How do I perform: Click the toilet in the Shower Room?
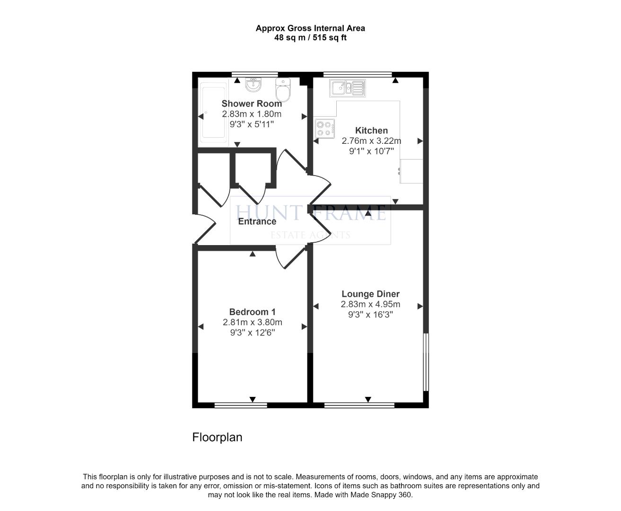click(x=283, y=89)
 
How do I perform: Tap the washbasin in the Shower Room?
click(x=253, y=85)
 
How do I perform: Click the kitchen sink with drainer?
click(x=348, y=88)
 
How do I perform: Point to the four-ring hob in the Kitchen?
click(x=325, y=128)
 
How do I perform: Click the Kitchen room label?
click(x=371, y=131)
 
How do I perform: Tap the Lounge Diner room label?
click(x=370, y=294)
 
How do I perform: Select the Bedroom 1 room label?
click(x=253, y=312)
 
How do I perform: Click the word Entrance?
click(x=257, y=221)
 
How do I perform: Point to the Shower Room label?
click(x=252, y=104)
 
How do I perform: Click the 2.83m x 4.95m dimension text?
click(x=370, y=304)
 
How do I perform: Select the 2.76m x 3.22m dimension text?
click(x=371, y=141)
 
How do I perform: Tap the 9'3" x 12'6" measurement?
click(x=253, y=332)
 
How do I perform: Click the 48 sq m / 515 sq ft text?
click(x=310, y=38)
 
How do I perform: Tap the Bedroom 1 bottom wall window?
click(x=241, y=405)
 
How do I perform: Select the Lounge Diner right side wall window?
click(x=426, y=362)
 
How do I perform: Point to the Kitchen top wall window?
click(x=358, y=74)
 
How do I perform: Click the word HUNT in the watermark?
click(x=268, y=212)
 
